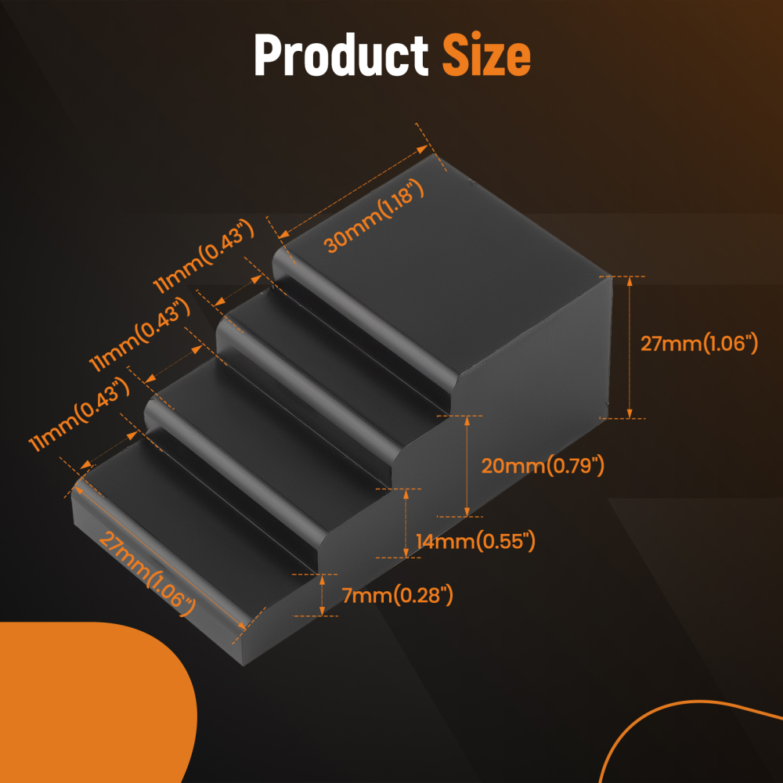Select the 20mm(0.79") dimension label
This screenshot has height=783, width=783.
coord(543,466)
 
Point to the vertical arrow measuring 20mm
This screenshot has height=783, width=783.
coord(467,466)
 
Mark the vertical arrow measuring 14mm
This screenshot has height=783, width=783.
coord(406,522)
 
